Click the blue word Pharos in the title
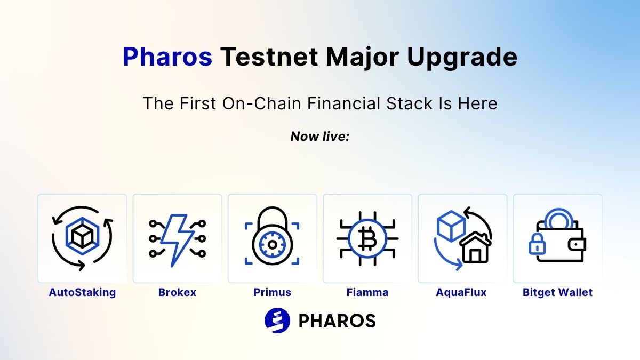click(x=167, y=57)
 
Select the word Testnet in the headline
click(x=269, y=57)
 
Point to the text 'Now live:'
click(x=320, y=137)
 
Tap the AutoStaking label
click(x=82, y=293)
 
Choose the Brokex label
click(x=177, y=292)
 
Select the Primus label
click(x=273, y=292)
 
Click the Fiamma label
click(x=367, y=292)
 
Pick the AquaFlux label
click(x=461, y=293)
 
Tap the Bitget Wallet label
click(x=557, y=293)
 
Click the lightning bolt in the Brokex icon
click(x=177, y=241)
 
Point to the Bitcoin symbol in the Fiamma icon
click(x=367, y=239)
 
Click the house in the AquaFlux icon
click(x=475, y=247)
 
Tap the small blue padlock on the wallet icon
click(x=537, y=244)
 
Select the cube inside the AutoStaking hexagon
click(x=82, y=237)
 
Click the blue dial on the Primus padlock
click(x=273, y=245)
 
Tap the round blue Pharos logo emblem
click(x=277, y=321)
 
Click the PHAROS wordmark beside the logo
click(x=337, y=321)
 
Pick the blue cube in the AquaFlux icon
click(x=451, y=226)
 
